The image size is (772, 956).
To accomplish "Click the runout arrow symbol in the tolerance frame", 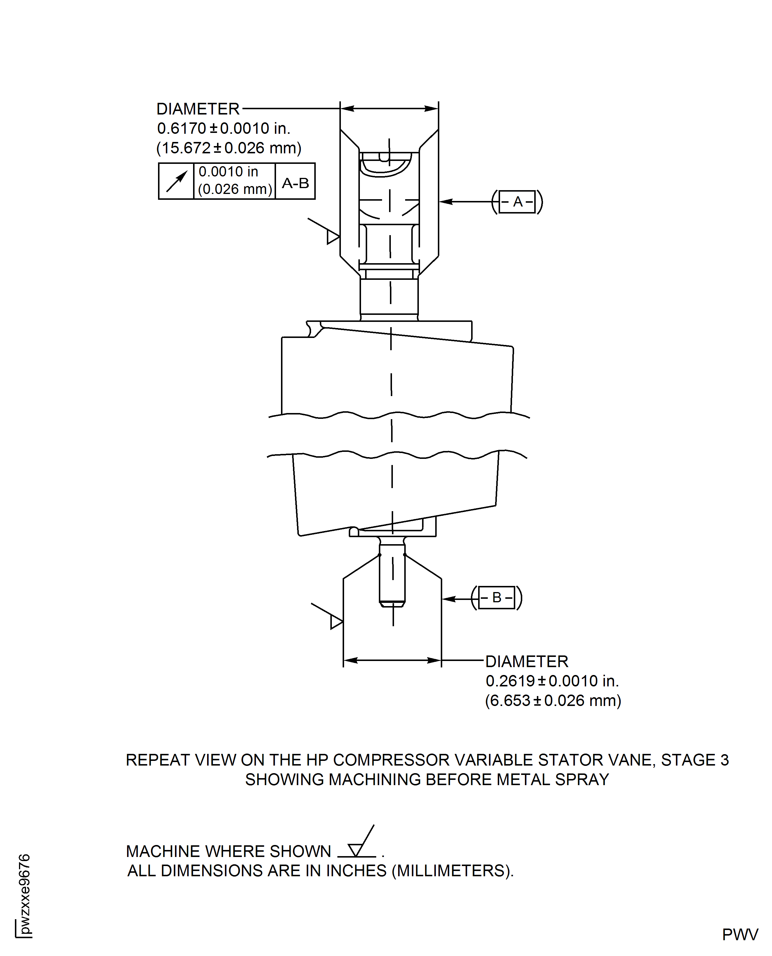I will click(176, 181).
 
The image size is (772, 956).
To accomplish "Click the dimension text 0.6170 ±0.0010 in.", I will click(223, 129).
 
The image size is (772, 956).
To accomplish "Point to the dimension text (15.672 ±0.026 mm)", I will click(229, 148).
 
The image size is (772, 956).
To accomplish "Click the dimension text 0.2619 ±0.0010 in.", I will click(552, 681).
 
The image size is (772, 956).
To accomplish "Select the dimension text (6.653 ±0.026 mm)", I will click(553, 700).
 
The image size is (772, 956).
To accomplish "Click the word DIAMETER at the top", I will click(198, 109).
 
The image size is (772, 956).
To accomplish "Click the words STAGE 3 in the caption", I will click(695, 760).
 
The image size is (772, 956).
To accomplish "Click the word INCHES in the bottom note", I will click(356, 871).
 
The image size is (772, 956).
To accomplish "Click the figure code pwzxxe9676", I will click(25, 894).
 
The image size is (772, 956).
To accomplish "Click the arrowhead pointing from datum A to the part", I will click(446, 202).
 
